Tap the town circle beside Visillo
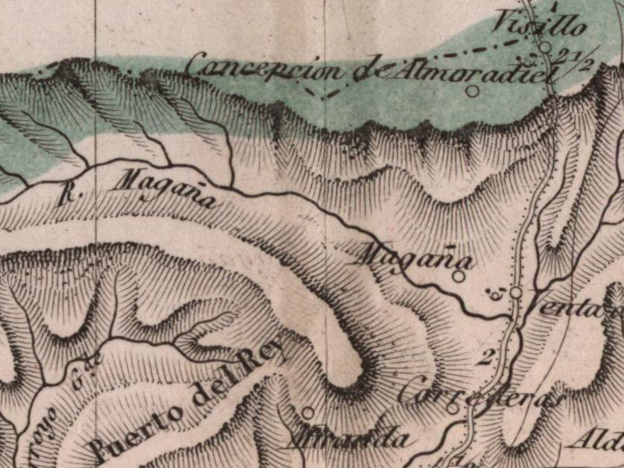coord(546,47)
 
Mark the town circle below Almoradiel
coord(472,90)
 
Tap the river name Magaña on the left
coord(165,190)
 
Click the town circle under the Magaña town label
coord(459,275)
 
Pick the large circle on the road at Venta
coord(516,292)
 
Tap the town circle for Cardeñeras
coord(452,407)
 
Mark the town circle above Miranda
coord(308,413)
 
